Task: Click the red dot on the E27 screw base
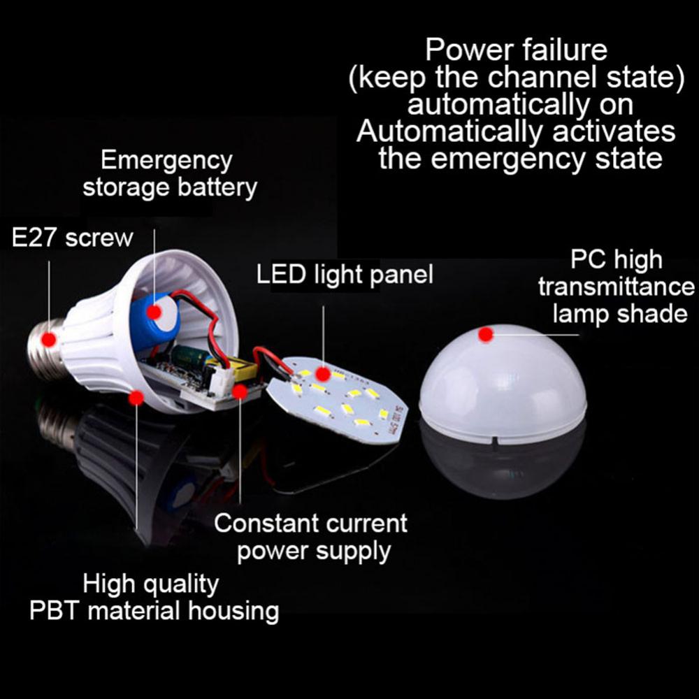click(x=49, y=340)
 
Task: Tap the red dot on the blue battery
click(x=154, y=312)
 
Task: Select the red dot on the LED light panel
click(x=323, y=373)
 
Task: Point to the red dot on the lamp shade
click(x=486, y=334)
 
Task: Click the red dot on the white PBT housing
click(x=136, y=398)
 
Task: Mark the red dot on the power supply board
click(x=240, y=392)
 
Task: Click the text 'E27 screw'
click(x=72, y=238)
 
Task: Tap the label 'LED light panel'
click(x=345, y=275)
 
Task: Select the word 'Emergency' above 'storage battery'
click(x=167, y=161)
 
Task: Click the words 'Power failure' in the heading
click(x=517, y=50)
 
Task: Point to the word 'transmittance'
click(x=617, y=287)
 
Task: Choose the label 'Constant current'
click(x=311, y=523)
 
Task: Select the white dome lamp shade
click(x=503, y=384)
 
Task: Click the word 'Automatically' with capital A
click(x=449, y=132)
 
